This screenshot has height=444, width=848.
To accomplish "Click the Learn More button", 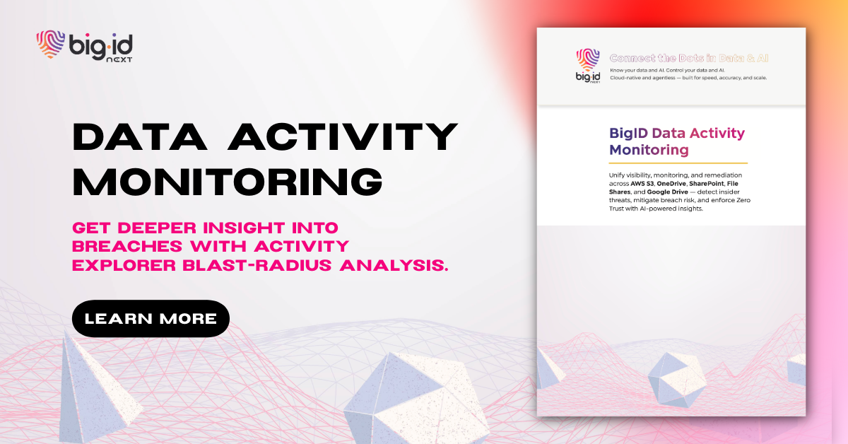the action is click(151, 319).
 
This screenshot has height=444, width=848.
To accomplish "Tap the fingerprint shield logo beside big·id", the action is click(50, 45).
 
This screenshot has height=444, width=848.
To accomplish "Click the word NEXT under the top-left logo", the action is click(119, 60).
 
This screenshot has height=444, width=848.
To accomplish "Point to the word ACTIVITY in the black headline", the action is click(343, 136).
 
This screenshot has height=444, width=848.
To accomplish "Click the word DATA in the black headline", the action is click(140, 136).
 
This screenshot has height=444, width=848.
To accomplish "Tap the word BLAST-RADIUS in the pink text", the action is click(257, 266).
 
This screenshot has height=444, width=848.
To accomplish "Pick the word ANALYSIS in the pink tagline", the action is click(394, 266).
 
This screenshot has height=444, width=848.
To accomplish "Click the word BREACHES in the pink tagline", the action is click(127, 247).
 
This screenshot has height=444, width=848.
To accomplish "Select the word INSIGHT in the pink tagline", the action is click(244, 228).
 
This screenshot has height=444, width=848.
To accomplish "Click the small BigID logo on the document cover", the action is click(588, 66).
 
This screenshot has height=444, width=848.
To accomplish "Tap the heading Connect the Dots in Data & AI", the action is click(689, 58).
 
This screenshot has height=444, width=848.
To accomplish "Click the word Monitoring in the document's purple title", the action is click(649, 150).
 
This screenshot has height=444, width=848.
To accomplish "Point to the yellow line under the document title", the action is click(678, 163).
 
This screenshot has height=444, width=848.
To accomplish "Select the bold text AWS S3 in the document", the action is click(642, 184).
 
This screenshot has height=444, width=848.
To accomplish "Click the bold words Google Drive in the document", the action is click(667, 192).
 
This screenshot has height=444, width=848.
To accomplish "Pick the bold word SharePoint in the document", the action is click(707, 184).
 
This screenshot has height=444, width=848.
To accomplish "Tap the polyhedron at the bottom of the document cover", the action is click(676, 380).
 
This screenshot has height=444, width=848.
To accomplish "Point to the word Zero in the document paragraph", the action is click(743, 200).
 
